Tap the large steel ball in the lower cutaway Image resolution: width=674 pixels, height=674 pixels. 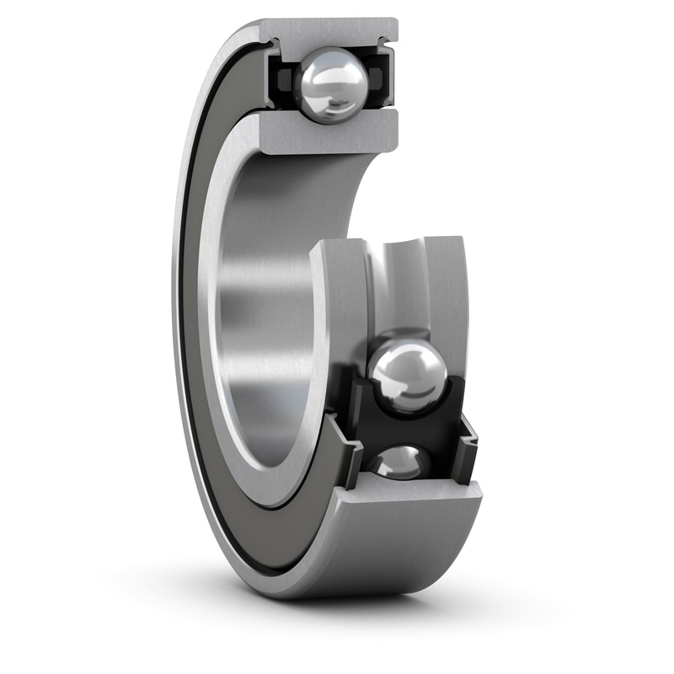[x=408, y=376]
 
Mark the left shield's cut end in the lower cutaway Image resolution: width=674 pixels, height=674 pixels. [x=345, y=455]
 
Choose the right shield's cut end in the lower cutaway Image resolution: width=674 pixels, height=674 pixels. [x=466, y=438]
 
